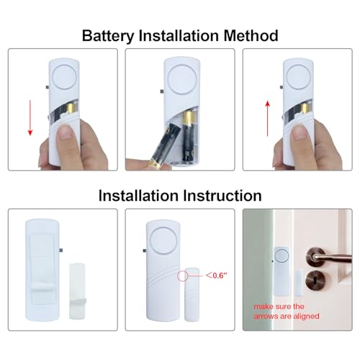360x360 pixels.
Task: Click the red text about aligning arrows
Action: click(x=287, y=311)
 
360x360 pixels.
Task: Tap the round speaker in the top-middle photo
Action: click(x=180, y=75)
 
